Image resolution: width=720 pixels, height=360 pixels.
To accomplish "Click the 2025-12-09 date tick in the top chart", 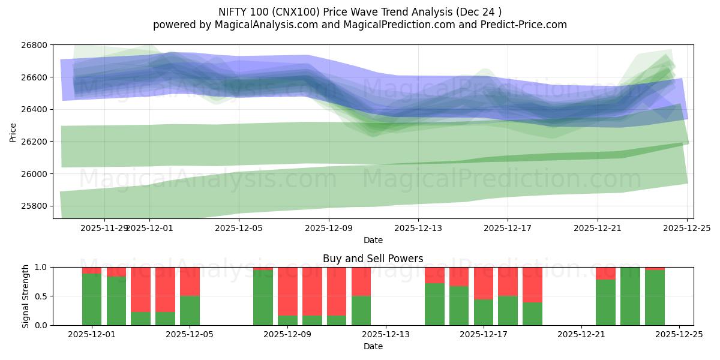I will click(329, 228).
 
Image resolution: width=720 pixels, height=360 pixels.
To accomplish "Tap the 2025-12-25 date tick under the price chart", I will click(687, 228).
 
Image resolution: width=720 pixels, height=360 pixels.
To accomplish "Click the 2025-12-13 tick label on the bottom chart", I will click(386, 335).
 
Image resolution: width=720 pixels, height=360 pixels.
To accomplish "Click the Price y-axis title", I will click(13, 132).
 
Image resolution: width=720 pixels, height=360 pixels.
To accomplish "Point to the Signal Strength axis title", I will click(25, 296).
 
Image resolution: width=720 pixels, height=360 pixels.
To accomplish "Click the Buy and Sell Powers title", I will click(373, 259).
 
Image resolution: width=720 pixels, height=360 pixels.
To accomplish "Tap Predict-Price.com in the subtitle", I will click(521, 25).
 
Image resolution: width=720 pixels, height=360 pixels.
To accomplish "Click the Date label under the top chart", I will click(373, 240).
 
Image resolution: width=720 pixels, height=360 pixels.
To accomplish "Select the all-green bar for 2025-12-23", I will click(630, 296).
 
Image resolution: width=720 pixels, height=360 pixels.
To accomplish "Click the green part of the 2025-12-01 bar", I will click(92, 300).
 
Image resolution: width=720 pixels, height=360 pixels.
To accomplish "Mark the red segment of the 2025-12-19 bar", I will click(532, 284).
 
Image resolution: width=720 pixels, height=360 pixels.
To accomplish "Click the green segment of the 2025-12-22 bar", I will click(605, 303).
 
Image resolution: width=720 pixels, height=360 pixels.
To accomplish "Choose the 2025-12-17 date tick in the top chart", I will click(508, 228).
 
